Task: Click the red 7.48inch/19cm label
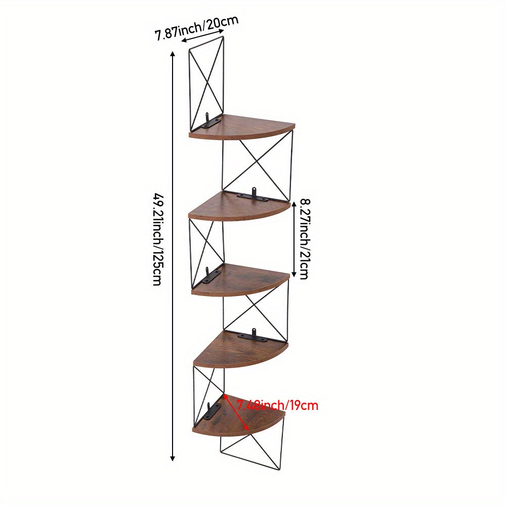coord(277,405)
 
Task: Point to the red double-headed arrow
coord(236,412)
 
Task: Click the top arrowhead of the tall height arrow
coord(173,54)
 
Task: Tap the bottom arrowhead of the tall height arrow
coord(173,458)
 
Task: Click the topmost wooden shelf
coord(242,127)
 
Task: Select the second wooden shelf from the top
coord(239,206)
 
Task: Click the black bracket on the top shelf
coord(210,121)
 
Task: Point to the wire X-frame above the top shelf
coord(206,84)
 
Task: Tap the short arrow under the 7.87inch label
coord(202,35)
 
